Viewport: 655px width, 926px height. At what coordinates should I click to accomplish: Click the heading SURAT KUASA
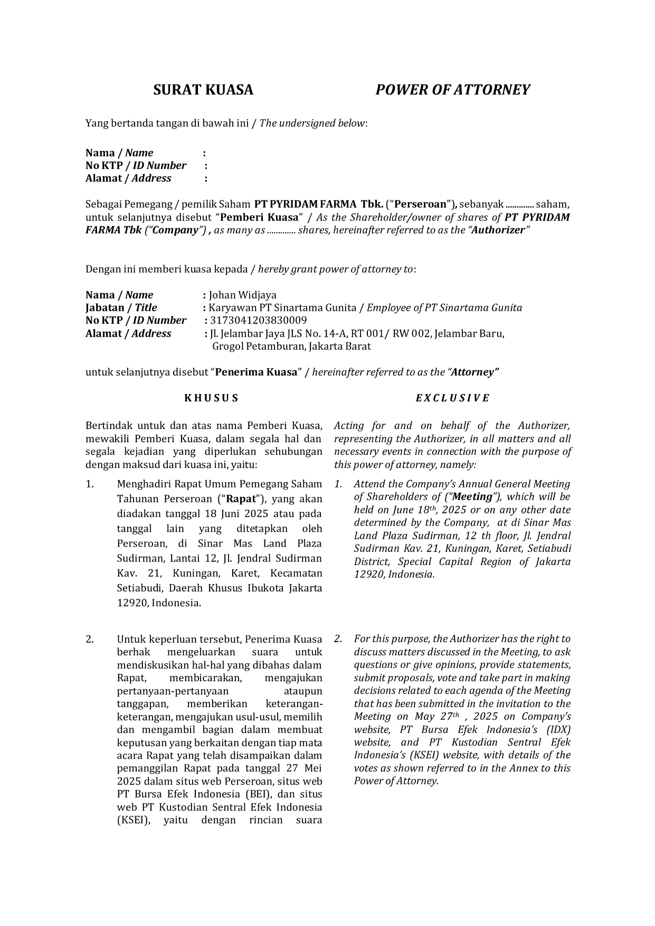pos(203,90)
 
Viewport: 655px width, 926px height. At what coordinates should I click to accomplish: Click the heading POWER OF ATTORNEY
pos(452,90)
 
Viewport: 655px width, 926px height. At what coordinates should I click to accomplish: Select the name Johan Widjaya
pos(242,295)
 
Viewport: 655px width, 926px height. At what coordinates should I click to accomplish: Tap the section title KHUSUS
pos(211,398)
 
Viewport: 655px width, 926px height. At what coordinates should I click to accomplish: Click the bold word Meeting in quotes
pos(472,497)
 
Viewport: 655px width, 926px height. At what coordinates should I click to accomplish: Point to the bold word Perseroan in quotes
pos(421,204)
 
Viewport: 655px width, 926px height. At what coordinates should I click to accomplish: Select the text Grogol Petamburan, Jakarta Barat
pos(291,346)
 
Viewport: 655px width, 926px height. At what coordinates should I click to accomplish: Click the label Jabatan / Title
pos(121,308)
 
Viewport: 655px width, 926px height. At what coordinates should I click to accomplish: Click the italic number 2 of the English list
pos(338,639)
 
